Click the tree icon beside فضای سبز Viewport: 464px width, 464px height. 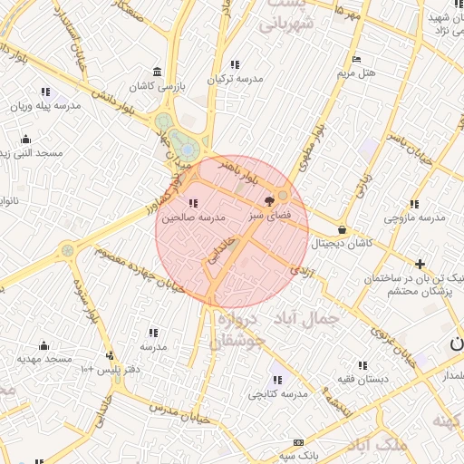pyautogui.click(x=268, y=201)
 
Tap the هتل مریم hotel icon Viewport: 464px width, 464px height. pyautogui.click(x=366, y=58)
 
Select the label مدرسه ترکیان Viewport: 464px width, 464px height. pyautogui.click(x=234, y=79)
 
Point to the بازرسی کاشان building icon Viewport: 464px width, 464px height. pyautogui.click(x=158, y=72)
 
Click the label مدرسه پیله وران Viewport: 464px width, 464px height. pyautogui.click(x=45, y=105)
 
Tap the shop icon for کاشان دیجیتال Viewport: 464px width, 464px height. pyautogui.click(x=342, y=230)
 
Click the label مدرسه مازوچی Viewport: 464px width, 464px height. pyautogui.click(x=414, y=217)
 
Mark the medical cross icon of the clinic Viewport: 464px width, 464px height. pyautogui.click(x=419, y=263)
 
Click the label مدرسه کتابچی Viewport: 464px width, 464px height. pyautogui.click(x=275, y=393)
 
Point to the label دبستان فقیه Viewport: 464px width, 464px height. pyautogui.click(x=362, y=379)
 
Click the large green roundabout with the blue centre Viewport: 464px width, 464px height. pyautogui.click(x=186, y=148)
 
